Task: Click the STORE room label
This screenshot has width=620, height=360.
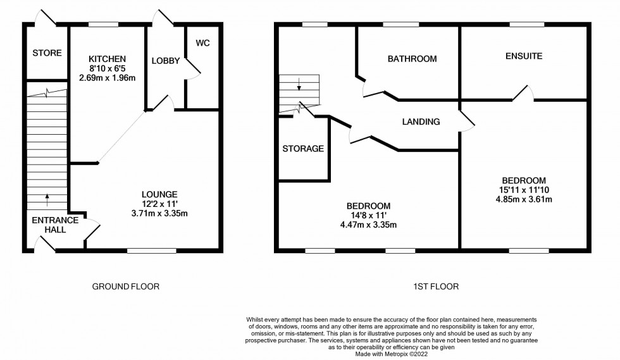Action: pyautogui.click(x=47, y=53)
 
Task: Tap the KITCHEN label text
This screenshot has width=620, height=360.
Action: pyautogui.click(x=107, y=59)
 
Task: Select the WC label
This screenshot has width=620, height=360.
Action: pyautogui.click(x=202, y=43)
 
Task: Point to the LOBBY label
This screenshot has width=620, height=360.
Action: pyautogui.click(x=166, y=61)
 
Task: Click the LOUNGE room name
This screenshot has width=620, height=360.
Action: pyautogui.click(x=159, y=194)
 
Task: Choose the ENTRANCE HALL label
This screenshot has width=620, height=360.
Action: pyautogui.click(x=56, y=225)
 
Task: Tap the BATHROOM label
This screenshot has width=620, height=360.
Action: pyautogui.click(x=412, y=59)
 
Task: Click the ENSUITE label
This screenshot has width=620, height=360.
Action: pyautogui.click(x=523, y=56)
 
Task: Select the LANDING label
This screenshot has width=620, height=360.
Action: pyautogui.click(x=421, y=122)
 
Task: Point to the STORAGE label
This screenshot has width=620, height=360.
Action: pyautogui.click(x=304, y=149)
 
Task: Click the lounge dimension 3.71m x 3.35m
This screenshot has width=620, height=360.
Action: pyautogui.click(x=159, y=214)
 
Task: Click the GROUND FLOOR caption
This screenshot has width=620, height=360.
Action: pyautogui.click(x=126, y=287)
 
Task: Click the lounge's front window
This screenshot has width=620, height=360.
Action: pyautogui.click(x=152, y=251)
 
